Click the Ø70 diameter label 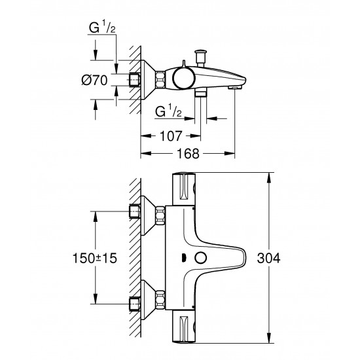[96, 81]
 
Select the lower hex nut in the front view [135, 303]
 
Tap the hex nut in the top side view [136, 80]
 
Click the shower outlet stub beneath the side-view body [201, 93]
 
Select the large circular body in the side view [183, 79]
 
